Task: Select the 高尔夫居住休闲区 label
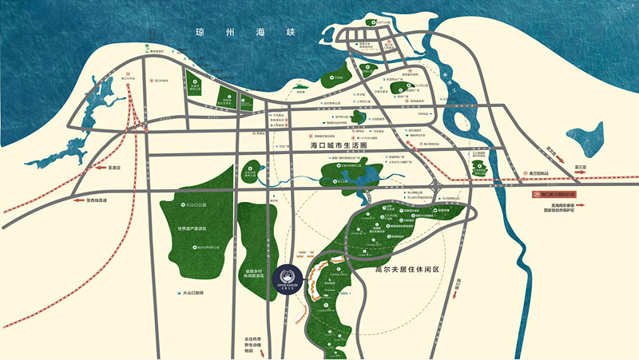coord(408,269)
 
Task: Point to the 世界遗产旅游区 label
coord(192,229)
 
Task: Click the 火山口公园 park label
coord(192,205)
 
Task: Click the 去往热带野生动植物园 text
coord(253,346)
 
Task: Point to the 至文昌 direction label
coord(551,149)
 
